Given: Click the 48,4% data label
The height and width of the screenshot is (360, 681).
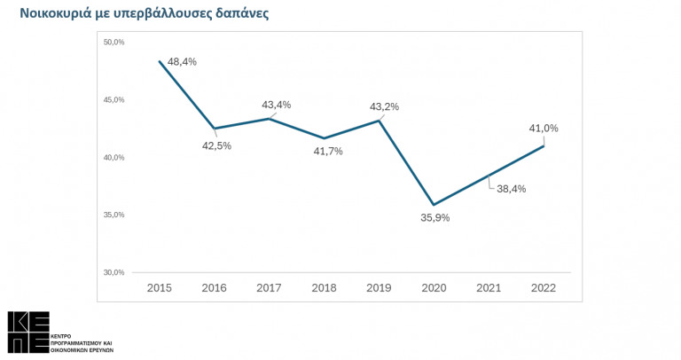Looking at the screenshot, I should point(183,62).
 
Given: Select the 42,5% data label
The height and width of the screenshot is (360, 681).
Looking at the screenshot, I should point(216,145).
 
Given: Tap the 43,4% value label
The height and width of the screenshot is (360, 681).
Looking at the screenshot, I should point(276,105).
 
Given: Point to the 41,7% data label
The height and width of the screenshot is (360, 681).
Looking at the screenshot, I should point(328,151).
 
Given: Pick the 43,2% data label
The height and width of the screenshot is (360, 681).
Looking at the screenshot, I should point(385,106).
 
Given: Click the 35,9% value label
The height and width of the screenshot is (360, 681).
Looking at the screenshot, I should point(435,218).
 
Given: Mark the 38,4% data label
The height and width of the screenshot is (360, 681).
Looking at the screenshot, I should point(512,189).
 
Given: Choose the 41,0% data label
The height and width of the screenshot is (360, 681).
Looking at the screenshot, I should point(544,129).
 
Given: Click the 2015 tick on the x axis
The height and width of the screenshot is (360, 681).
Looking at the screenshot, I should point(160,287).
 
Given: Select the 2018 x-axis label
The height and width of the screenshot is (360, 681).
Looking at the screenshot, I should point(325,287).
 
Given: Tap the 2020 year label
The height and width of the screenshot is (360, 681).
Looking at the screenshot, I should point(434,287).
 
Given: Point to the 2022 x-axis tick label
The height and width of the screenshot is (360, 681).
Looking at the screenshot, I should point(544,287).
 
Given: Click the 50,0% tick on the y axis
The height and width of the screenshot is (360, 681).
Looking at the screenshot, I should point(113,43).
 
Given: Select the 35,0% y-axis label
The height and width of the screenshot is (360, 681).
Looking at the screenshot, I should point(113,215).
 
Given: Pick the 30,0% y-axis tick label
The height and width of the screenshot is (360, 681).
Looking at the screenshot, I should point(113,272).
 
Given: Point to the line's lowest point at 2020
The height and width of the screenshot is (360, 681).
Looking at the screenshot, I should point(434,205).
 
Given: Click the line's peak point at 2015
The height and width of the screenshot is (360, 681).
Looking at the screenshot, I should point(160,61).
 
